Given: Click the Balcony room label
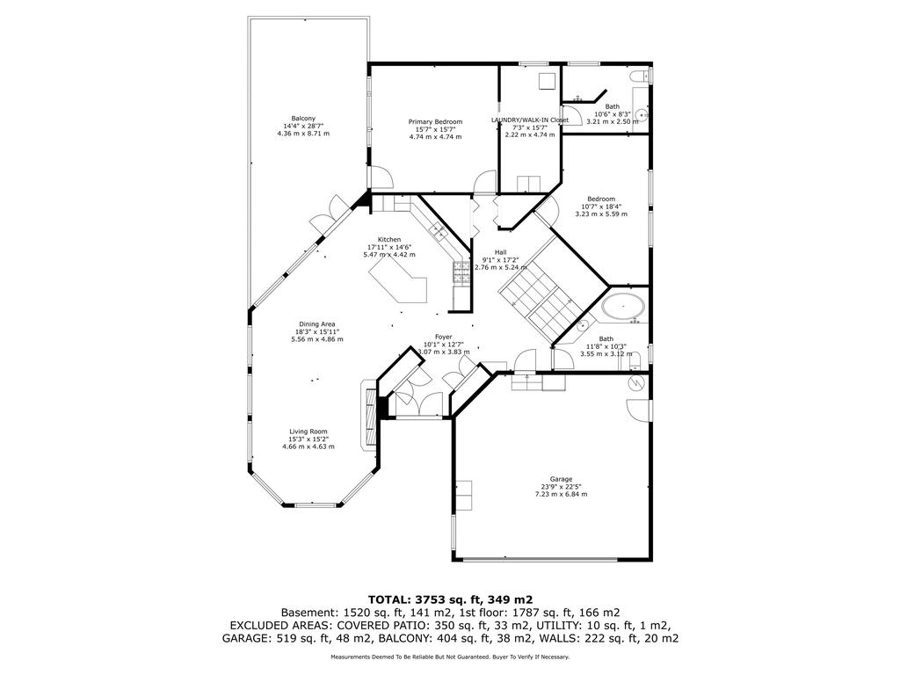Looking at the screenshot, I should tap(303, 118).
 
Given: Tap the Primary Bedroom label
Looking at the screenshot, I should tap(435, 121).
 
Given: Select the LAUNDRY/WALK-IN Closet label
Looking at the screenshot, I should tap(529, 120).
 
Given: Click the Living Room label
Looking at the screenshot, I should tap(308, 432).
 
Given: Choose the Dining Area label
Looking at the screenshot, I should tap(316, 323).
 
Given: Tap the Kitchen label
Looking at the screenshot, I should tap(389, 239).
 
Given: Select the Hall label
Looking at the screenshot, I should tap(500, 251).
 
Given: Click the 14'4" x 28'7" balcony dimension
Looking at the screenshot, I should tap(303, 126).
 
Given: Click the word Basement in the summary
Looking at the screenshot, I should tap(309, 613).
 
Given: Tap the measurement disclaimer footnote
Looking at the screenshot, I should tap(449, 657).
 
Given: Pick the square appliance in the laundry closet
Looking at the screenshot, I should tap(547, 80).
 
